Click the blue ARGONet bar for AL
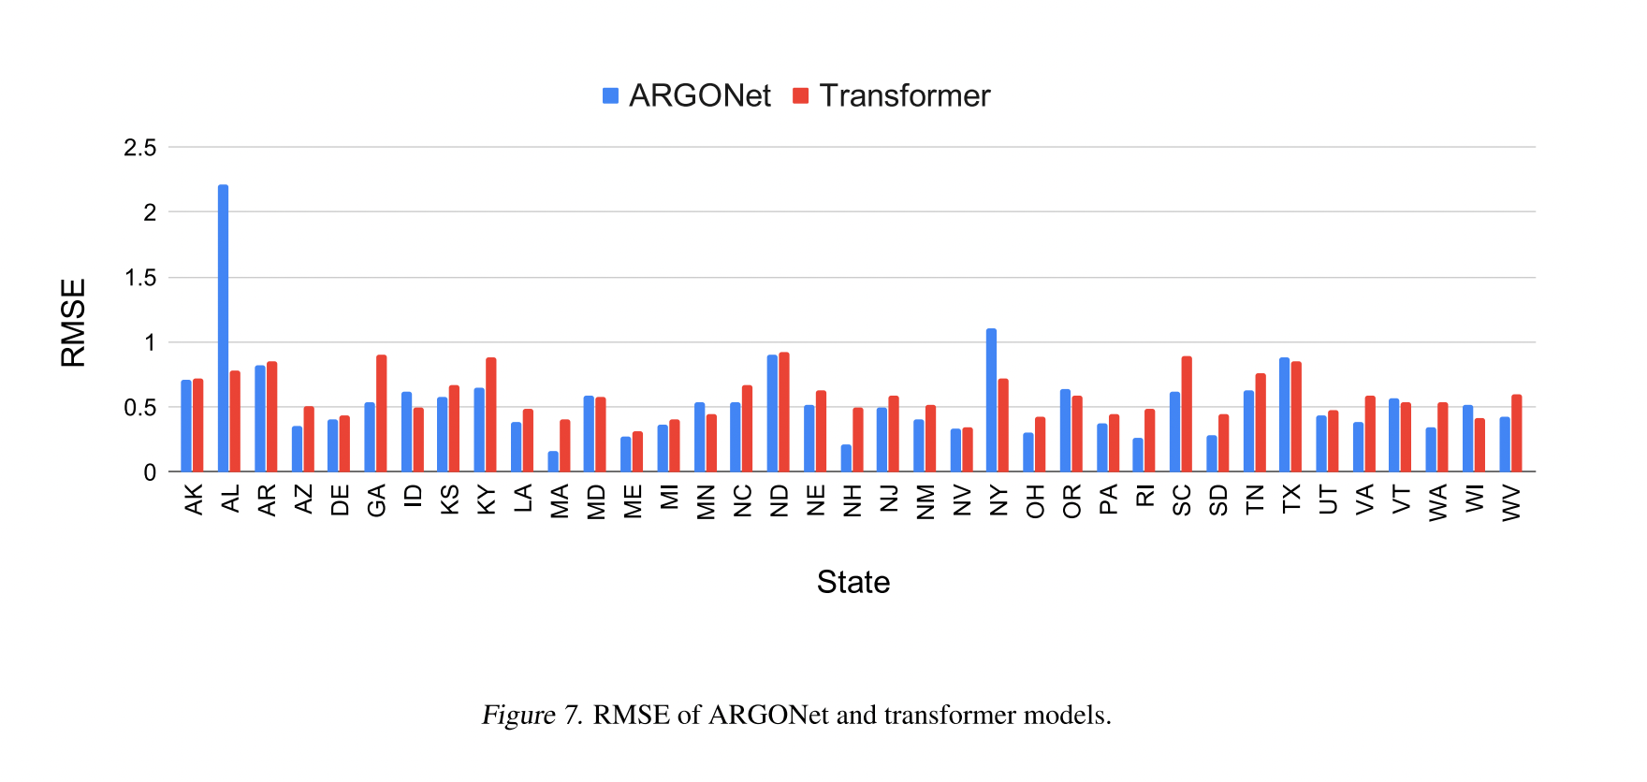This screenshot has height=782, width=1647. point(223,327)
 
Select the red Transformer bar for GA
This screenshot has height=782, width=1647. point(381,413)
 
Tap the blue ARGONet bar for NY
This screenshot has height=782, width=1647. point(991,400)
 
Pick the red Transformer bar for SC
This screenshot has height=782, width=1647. point(1187,414)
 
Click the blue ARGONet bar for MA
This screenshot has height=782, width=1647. point(553,462)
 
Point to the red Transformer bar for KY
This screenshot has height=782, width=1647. point(491,414)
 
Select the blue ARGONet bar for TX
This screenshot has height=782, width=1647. point(1284,414)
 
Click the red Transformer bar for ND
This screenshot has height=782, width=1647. point(784,413)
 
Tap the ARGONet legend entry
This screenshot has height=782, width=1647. point(688,95)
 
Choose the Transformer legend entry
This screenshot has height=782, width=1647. point(892,95)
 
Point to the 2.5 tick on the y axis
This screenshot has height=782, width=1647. point(140,148)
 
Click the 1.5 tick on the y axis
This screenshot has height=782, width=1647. point(140,278)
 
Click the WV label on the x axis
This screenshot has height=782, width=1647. point(1510,502)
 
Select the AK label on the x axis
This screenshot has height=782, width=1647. point(193,500)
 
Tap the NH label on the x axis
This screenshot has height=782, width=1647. point(852,500)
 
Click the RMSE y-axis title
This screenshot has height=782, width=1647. point(73,323)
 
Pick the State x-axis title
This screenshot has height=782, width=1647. point(853,582)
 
